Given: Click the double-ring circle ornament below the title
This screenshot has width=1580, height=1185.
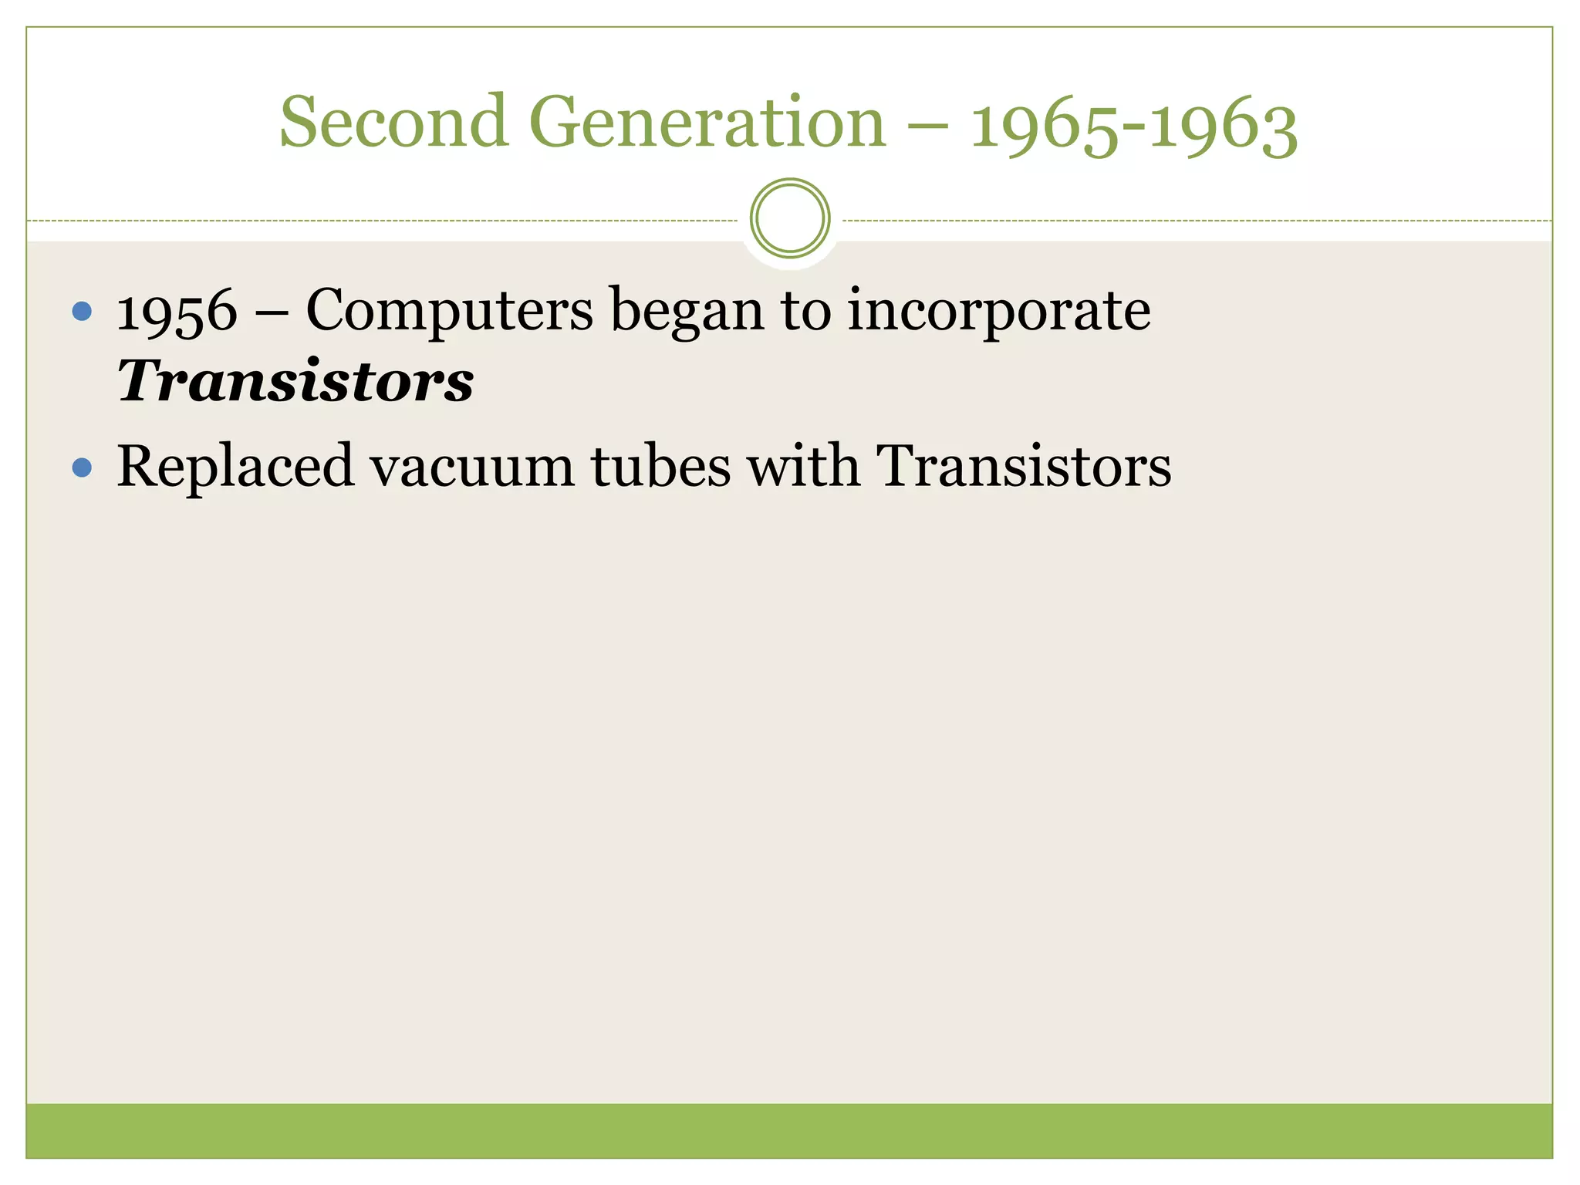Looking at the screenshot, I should [790, 218].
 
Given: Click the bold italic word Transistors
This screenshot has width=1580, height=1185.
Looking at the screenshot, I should [295, 381].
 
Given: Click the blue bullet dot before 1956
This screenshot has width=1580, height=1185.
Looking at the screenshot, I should [82, 312].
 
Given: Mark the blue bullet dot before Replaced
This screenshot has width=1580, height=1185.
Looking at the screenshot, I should [82, 468].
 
